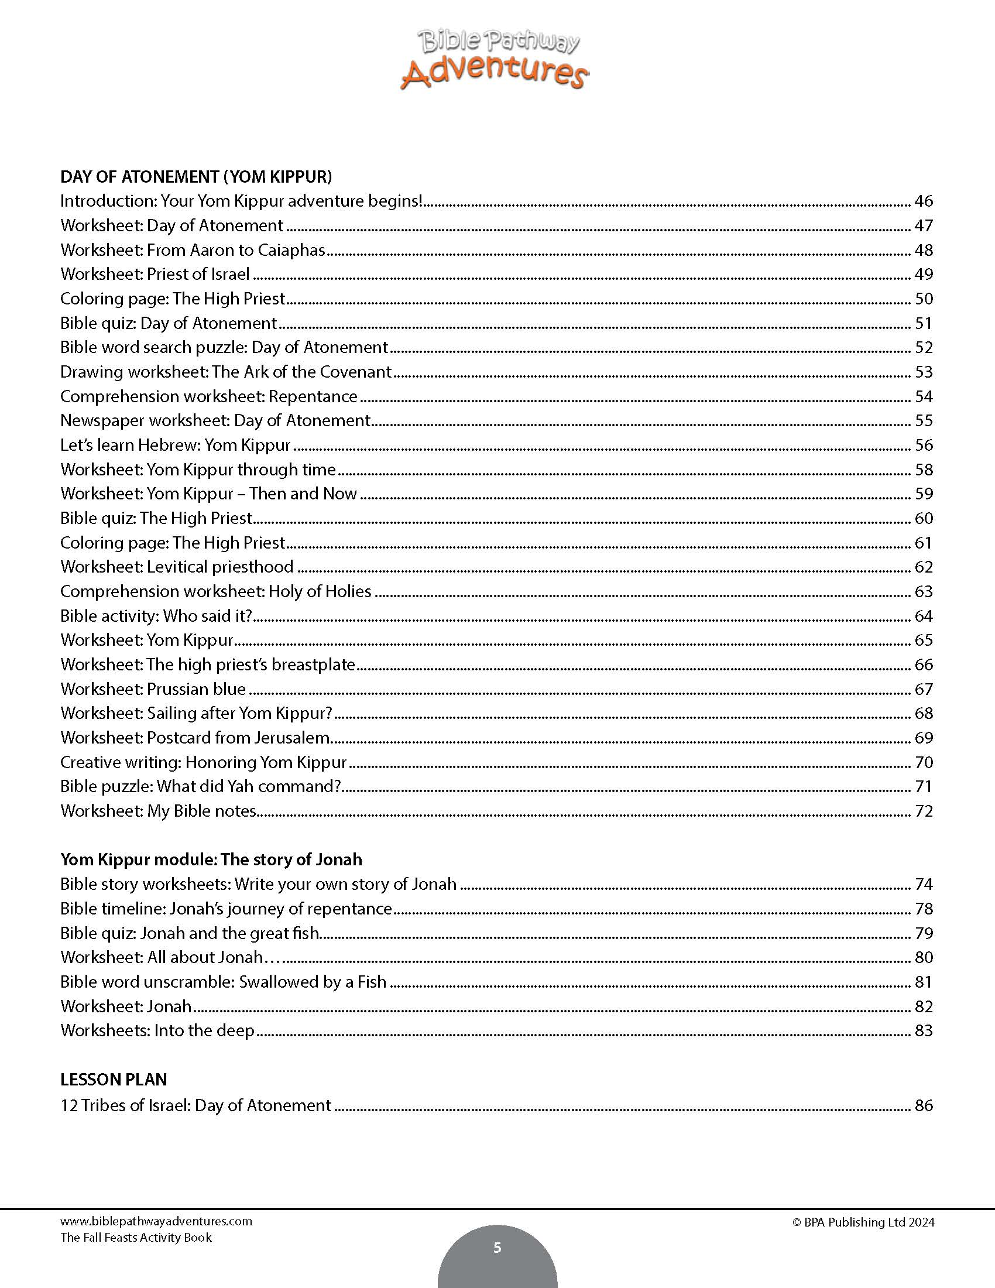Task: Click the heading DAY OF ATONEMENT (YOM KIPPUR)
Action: tap(196, 176)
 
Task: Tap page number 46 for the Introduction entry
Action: tap(923, 201)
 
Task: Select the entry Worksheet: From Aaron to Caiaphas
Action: tap(193, 250)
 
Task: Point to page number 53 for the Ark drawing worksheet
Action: tap(923, 372)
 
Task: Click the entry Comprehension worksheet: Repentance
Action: tap(209, 396)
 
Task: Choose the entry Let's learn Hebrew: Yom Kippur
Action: tap(176, 445)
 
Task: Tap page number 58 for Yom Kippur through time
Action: tap(923, 470)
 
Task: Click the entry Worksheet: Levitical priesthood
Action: tap(177, 567)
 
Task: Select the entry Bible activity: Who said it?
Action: tap(156, 616)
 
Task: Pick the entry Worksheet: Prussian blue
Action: tap(153, 689)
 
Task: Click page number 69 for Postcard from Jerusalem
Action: tap(923, 738)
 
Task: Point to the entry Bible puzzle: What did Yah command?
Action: tap(201, 786)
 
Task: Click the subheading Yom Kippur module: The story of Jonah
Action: tap(211, 859)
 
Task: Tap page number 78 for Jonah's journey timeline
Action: tap(923, 908)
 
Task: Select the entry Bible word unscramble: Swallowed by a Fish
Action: tap(224, 981)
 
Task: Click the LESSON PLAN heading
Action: tap(114, 1079)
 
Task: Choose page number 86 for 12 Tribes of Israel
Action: tap(923, 1105)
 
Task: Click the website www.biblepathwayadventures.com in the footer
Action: tap(156, 1221)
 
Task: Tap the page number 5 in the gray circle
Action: tap(497, 1247)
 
